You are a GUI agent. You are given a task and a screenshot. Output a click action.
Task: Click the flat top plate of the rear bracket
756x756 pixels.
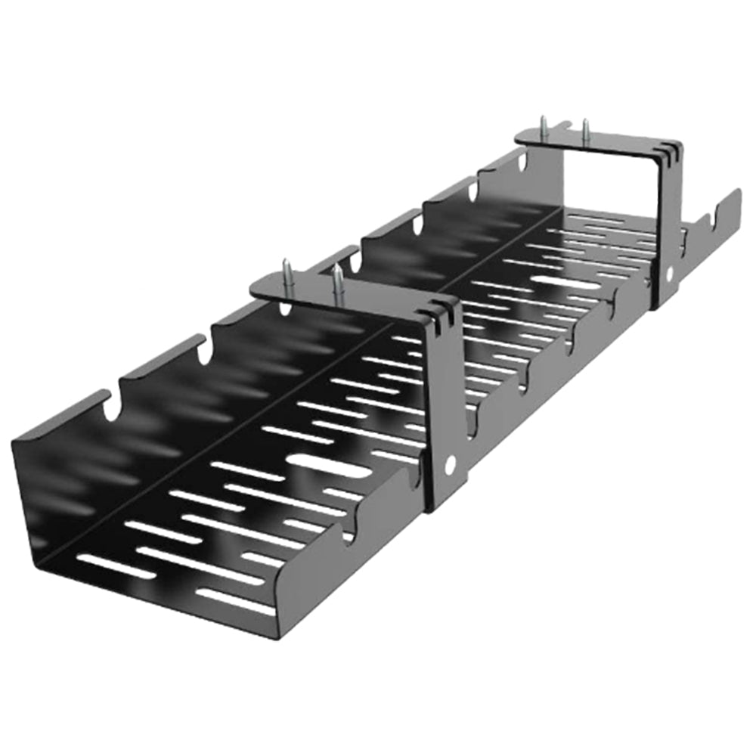[x=590, y=144]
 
